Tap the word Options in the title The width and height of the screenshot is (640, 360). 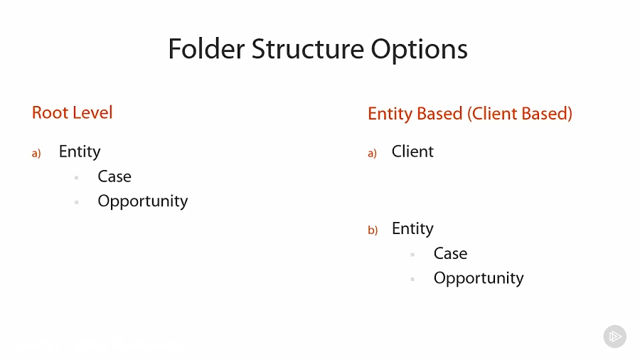[420, 49]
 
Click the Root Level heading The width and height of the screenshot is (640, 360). [73, 112]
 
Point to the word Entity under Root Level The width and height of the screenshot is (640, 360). [80, 152]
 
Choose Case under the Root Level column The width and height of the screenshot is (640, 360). [114, 176]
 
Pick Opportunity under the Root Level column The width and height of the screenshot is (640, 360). [143, 201]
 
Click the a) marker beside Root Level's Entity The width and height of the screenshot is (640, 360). [36, 153]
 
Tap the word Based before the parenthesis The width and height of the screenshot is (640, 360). [439, 113]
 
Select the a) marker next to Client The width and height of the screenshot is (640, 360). [372, 153]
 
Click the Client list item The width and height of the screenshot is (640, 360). [412, 152]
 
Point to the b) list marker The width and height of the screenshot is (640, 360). [373, 231]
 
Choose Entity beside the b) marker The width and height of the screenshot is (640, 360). [412, 228]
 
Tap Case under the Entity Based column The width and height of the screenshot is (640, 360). [450, 253]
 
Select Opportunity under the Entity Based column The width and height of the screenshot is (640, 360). [479, 278]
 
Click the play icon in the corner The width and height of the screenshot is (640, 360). [615, 337]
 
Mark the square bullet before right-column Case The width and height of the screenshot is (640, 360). [412, 255]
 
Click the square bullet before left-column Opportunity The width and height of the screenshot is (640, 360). [76, 203]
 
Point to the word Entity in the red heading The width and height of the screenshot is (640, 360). [390, 113]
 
